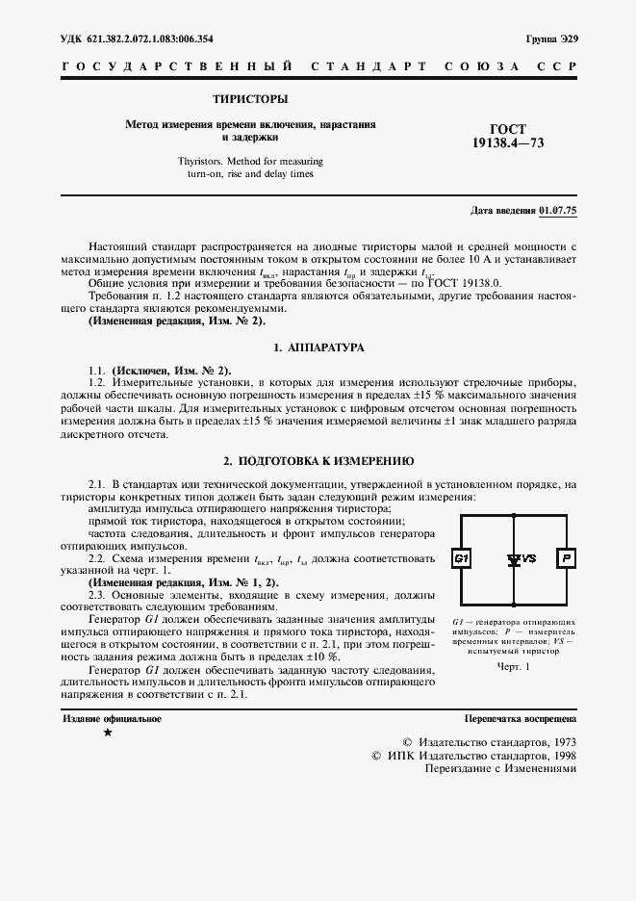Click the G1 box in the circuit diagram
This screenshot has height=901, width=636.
[461, 558]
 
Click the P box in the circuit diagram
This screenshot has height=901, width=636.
[567, 558]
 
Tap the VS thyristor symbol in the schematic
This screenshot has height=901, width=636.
[516, 558]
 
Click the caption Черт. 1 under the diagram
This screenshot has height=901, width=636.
[514, 666]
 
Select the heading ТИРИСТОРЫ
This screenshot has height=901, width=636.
[250, 99]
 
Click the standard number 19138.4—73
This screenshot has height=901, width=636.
[508, 143]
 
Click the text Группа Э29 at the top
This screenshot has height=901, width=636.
[552, 39]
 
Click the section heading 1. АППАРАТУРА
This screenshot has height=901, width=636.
[318, 346]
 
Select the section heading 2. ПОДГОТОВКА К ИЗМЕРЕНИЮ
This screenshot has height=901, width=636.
[318, 461]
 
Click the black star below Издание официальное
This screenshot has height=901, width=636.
[107, 734]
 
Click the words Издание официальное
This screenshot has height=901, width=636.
[112, 718]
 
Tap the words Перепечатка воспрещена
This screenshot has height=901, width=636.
[520, 718]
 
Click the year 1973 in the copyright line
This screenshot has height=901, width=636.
[562, 742]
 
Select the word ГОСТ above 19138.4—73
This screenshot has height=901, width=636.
[508, 129]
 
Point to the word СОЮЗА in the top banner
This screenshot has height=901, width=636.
[477, 67]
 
